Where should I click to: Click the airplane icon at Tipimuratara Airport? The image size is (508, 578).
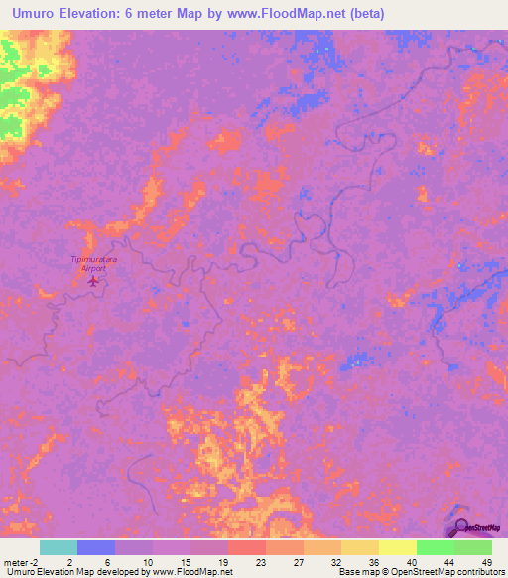[94, 280]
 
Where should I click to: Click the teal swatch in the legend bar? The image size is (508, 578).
[59, 547]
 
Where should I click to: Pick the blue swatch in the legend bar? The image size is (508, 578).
[96, 547]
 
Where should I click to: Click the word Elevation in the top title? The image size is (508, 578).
[92, 14]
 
